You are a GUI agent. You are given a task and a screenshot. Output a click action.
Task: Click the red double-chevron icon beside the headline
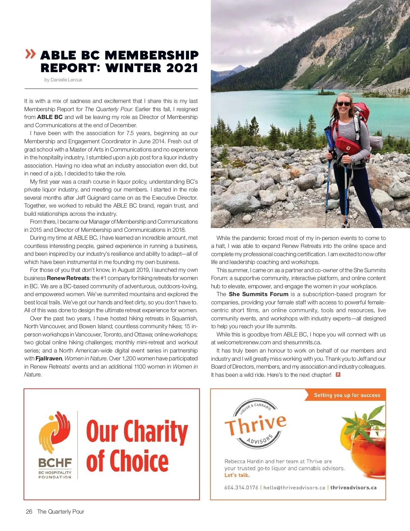[x=30, y=54]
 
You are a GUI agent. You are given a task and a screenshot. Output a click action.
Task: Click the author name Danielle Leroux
[x=66, y=80]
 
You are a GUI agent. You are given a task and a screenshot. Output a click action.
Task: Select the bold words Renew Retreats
[x=68, y=278]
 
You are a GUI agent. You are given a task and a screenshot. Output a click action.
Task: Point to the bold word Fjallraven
[x=49, y=358]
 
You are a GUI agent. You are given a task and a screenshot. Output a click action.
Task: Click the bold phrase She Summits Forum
[x=258, y=294]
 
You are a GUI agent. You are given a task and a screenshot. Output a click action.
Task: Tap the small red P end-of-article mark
[x=338, y=375]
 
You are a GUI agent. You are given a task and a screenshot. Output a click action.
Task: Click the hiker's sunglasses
[x=343, y=104]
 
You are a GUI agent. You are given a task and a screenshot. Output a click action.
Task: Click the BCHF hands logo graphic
[x=55, y=433]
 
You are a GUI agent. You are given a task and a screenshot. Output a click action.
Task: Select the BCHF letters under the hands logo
[x=55, y=463]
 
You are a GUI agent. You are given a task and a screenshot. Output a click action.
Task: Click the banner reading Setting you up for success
[x=347, y=395]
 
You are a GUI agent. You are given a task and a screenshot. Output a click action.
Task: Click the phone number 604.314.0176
[x=241, y=488]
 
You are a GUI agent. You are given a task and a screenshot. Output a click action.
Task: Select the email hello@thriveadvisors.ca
[x=294, y=488]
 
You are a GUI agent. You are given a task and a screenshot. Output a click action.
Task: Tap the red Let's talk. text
[x=237, y=475]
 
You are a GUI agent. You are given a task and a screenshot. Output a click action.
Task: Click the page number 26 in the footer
[x=29, y=512]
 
